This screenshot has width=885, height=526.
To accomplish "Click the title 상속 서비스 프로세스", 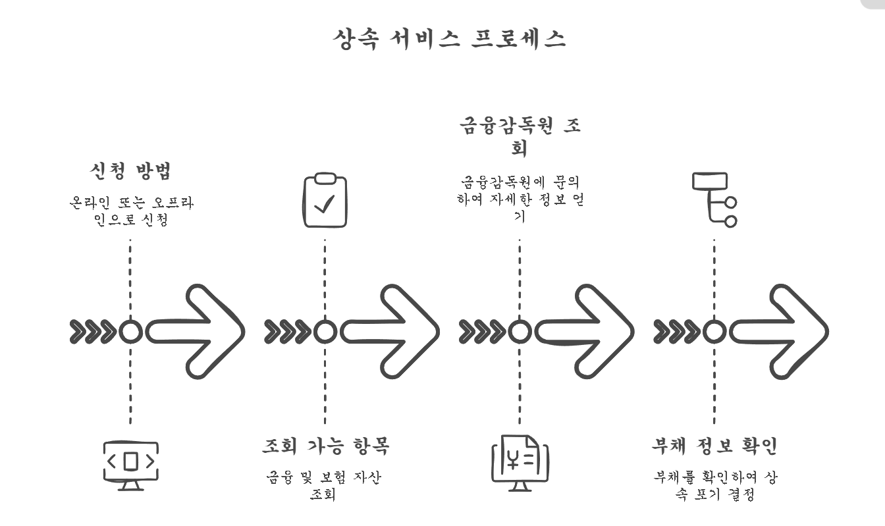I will pyautogui.click(x=450, y=38).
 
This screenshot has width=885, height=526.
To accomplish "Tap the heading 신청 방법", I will pyautogui.click(x=130, y=171).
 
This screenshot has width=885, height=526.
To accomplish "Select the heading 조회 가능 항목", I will pyautogui.click(x=325, y=446).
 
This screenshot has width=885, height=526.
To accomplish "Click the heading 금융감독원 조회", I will pyautogui.click(x=520, y=136).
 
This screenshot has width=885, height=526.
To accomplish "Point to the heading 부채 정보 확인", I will pyautogui.click(x=714, y=446).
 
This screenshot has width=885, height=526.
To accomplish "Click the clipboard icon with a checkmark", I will pyautogui.click(x=325, y=200).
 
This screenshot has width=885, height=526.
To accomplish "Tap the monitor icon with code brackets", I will pyautogui.click(x=130, y=465).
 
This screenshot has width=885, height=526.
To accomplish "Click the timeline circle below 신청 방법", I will pyautogui.click(x=130, y=332).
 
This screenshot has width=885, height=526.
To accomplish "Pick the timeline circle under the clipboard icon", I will pyautogui.click(x=325, y=332).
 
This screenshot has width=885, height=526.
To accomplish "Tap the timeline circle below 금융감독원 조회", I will pyautogui.click(x=520, y=332).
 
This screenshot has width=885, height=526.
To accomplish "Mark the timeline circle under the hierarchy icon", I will pyautogui.click(x=714, y=332).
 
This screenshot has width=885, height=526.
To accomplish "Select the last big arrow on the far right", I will pyautogui.click(x=780, y=332).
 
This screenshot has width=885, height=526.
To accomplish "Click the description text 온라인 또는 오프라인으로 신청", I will pyautogui.click(x=130, y=211).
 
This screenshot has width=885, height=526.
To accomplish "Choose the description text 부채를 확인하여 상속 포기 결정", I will pyautogui.click(x=714, y=485).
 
